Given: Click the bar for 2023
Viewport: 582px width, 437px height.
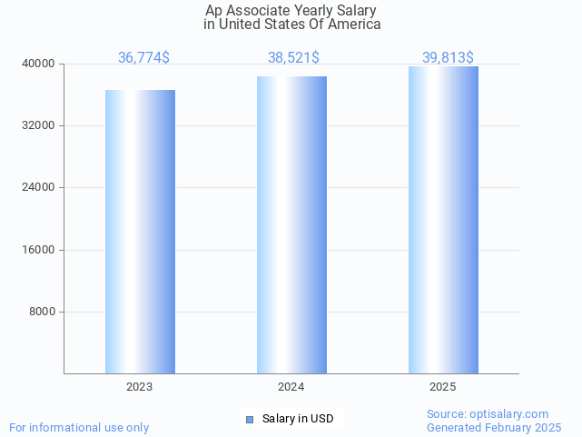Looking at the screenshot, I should point(140,232).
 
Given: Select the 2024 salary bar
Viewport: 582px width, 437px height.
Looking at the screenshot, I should point(291,224).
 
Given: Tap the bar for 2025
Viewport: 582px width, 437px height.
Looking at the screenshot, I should point(443,220).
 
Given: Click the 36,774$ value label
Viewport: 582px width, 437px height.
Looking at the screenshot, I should point(143,58).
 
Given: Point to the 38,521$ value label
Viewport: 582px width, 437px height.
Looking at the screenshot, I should point(292,58).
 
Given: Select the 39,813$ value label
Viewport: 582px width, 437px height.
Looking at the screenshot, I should point(447,58).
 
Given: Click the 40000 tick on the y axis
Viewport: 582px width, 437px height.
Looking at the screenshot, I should point(38,64).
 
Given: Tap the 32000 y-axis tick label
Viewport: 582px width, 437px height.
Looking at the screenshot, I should point(38,125).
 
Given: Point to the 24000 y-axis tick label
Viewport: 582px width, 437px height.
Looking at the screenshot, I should point(38,187).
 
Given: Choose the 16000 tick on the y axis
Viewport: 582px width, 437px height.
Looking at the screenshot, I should point(38,250).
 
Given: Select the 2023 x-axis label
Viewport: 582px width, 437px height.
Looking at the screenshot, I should point(139,387).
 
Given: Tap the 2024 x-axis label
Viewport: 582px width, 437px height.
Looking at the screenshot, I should point(291,387).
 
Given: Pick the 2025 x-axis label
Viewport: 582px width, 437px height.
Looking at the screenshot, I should point(442,387).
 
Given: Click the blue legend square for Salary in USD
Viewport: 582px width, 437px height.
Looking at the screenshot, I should point(250,419).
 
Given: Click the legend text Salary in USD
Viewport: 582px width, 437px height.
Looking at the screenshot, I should point(298,419).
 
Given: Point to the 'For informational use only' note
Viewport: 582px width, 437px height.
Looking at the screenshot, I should point(79,427).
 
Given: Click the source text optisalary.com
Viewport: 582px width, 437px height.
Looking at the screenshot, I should point(488,413).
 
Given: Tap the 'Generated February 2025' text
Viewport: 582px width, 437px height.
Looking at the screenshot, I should point(494,427).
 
